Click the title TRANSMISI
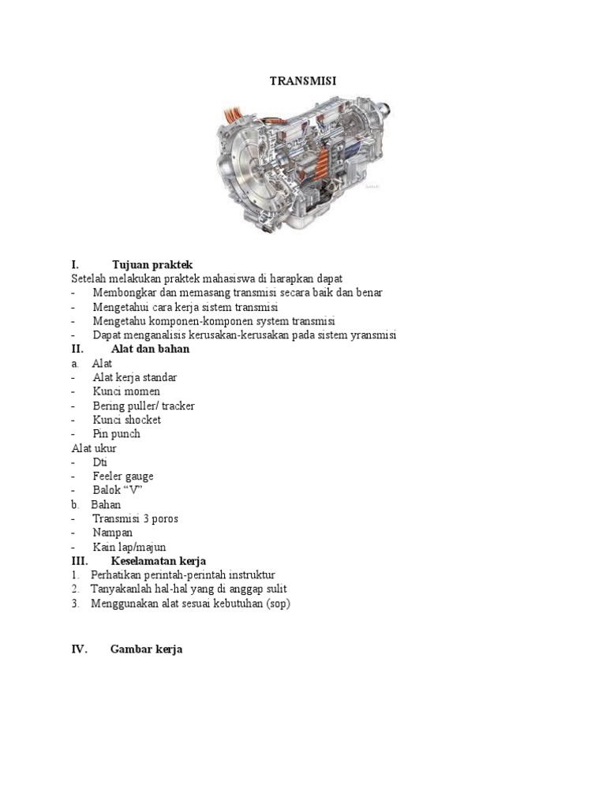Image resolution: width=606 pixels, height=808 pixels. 303,80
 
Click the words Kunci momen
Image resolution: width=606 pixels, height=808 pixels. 126,391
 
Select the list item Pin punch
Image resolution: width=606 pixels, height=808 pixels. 116,434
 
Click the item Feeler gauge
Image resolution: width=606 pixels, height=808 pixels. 123,477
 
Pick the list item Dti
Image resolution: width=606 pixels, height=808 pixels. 99,462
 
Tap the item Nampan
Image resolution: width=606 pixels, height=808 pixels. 113,533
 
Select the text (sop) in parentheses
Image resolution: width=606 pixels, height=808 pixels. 279,604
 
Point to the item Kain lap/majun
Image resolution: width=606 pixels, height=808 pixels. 129,547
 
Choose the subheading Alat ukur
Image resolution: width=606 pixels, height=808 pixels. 94,448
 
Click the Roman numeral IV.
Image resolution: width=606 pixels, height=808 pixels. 79,649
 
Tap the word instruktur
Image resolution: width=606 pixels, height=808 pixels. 249,574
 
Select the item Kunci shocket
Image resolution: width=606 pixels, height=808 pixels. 126,420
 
